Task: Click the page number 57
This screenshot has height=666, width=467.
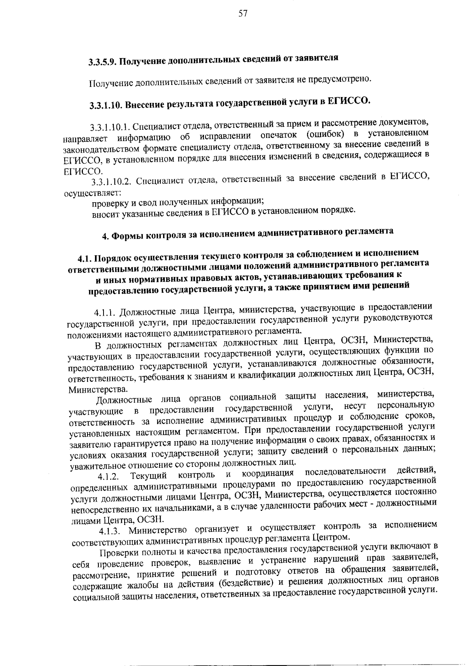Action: pos(242,14)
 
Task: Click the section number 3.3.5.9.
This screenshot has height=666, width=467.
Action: pos(102,62)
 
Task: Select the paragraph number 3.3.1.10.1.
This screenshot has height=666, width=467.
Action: pos(109,127)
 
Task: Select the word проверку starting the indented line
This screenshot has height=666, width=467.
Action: pos(108,203)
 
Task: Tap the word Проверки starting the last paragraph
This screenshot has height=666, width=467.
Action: pos(116,553)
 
